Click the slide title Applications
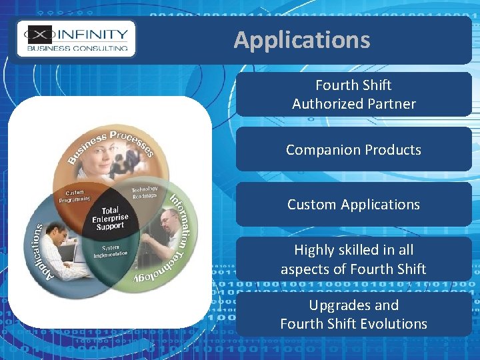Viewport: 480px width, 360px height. (x=301, y=40)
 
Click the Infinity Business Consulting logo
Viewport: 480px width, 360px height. (x=77, y=39)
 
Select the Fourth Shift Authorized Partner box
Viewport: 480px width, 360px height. (x=353, y=95)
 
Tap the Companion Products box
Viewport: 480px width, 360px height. (x=353, y=150)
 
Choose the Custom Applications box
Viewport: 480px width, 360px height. (x=353, y=205)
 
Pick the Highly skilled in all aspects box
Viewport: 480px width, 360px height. (x=353, y=259)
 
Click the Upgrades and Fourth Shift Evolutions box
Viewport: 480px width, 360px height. (x=353, y=315)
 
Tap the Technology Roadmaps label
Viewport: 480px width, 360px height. (x=144, y=191)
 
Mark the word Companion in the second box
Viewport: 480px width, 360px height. (x=313, y=150)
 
